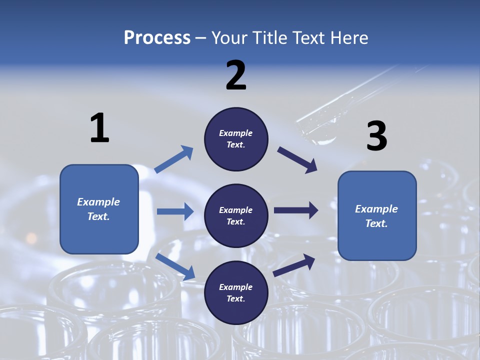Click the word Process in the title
click(157, 38)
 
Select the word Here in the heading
click(348, 38)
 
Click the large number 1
click(99, 128)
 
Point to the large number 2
click(236, 75)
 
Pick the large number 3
click(376, 137)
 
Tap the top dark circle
click(236, 139)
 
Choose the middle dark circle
click(236, 216)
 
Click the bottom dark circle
click(236, 293)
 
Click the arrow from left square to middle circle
click(175, 211)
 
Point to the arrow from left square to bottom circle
click(175, 266)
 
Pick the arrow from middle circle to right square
click(296, 210)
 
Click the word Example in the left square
click(98, 202)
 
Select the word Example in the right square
click(376, 209)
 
